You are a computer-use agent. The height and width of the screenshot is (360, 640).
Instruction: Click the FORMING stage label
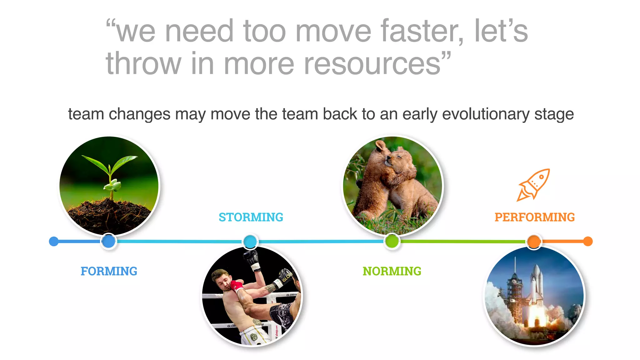[109, 271]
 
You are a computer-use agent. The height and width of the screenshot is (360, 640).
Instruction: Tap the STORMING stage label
[251, 217]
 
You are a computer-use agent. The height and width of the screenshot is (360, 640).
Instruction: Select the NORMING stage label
[392, 271]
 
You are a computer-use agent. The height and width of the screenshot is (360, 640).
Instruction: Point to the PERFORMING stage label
[534, 217]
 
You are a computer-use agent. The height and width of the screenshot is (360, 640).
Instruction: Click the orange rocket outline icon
[533, 185]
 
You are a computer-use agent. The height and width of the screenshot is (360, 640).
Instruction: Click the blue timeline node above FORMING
[108, 241]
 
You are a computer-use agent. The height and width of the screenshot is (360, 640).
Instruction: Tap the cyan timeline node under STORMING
[250, 242]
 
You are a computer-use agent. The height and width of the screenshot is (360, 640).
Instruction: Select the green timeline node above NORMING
[392, 241]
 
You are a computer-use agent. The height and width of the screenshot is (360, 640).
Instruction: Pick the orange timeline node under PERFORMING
[534, 241]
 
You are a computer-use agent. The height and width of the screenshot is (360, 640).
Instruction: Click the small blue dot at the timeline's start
[54, 241]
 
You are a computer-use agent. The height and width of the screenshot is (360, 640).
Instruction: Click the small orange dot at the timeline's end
[588, 241]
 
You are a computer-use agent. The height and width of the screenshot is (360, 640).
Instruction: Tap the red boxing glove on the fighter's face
[237, 286]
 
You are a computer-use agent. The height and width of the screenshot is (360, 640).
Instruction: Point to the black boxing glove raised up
[252, 258]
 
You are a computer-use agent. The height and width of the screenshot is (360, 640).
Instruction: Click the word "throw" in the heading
[144, 64]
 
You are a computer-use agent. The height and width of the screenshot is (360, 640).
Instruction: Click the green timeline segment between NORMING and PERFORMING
[462, 241]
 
